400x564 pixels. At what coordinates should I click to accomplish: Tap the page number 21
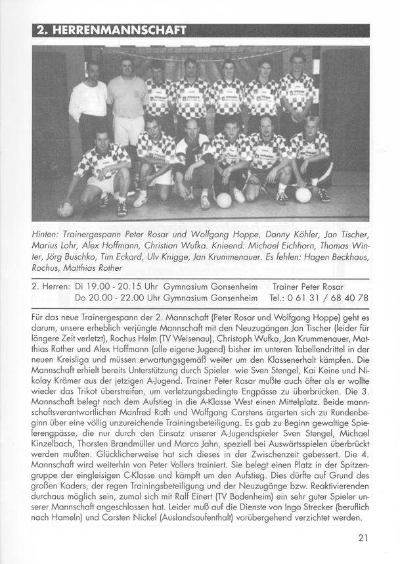[363, 538]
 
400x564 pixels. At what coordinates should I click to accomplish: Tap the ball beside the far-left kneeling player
[65, 209]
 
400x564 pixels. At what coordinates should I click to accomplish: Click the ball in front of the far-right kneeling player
[303, 195]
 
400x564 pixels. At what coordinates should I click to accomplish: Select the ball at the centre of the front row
[224, 200]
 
